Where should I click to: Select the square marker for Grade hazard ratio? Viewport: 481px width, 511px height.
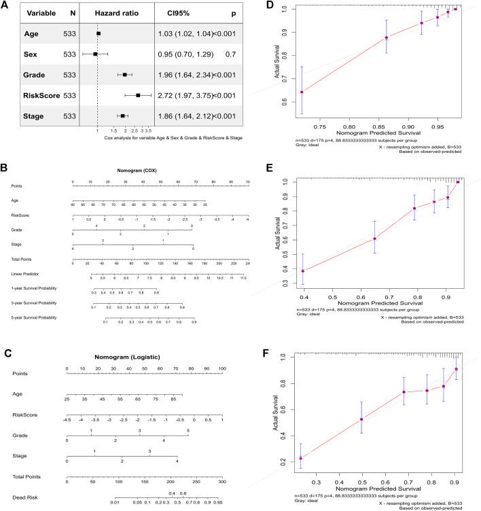125,74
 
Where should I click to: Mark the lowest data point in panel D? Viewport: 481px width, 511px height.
302,92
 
